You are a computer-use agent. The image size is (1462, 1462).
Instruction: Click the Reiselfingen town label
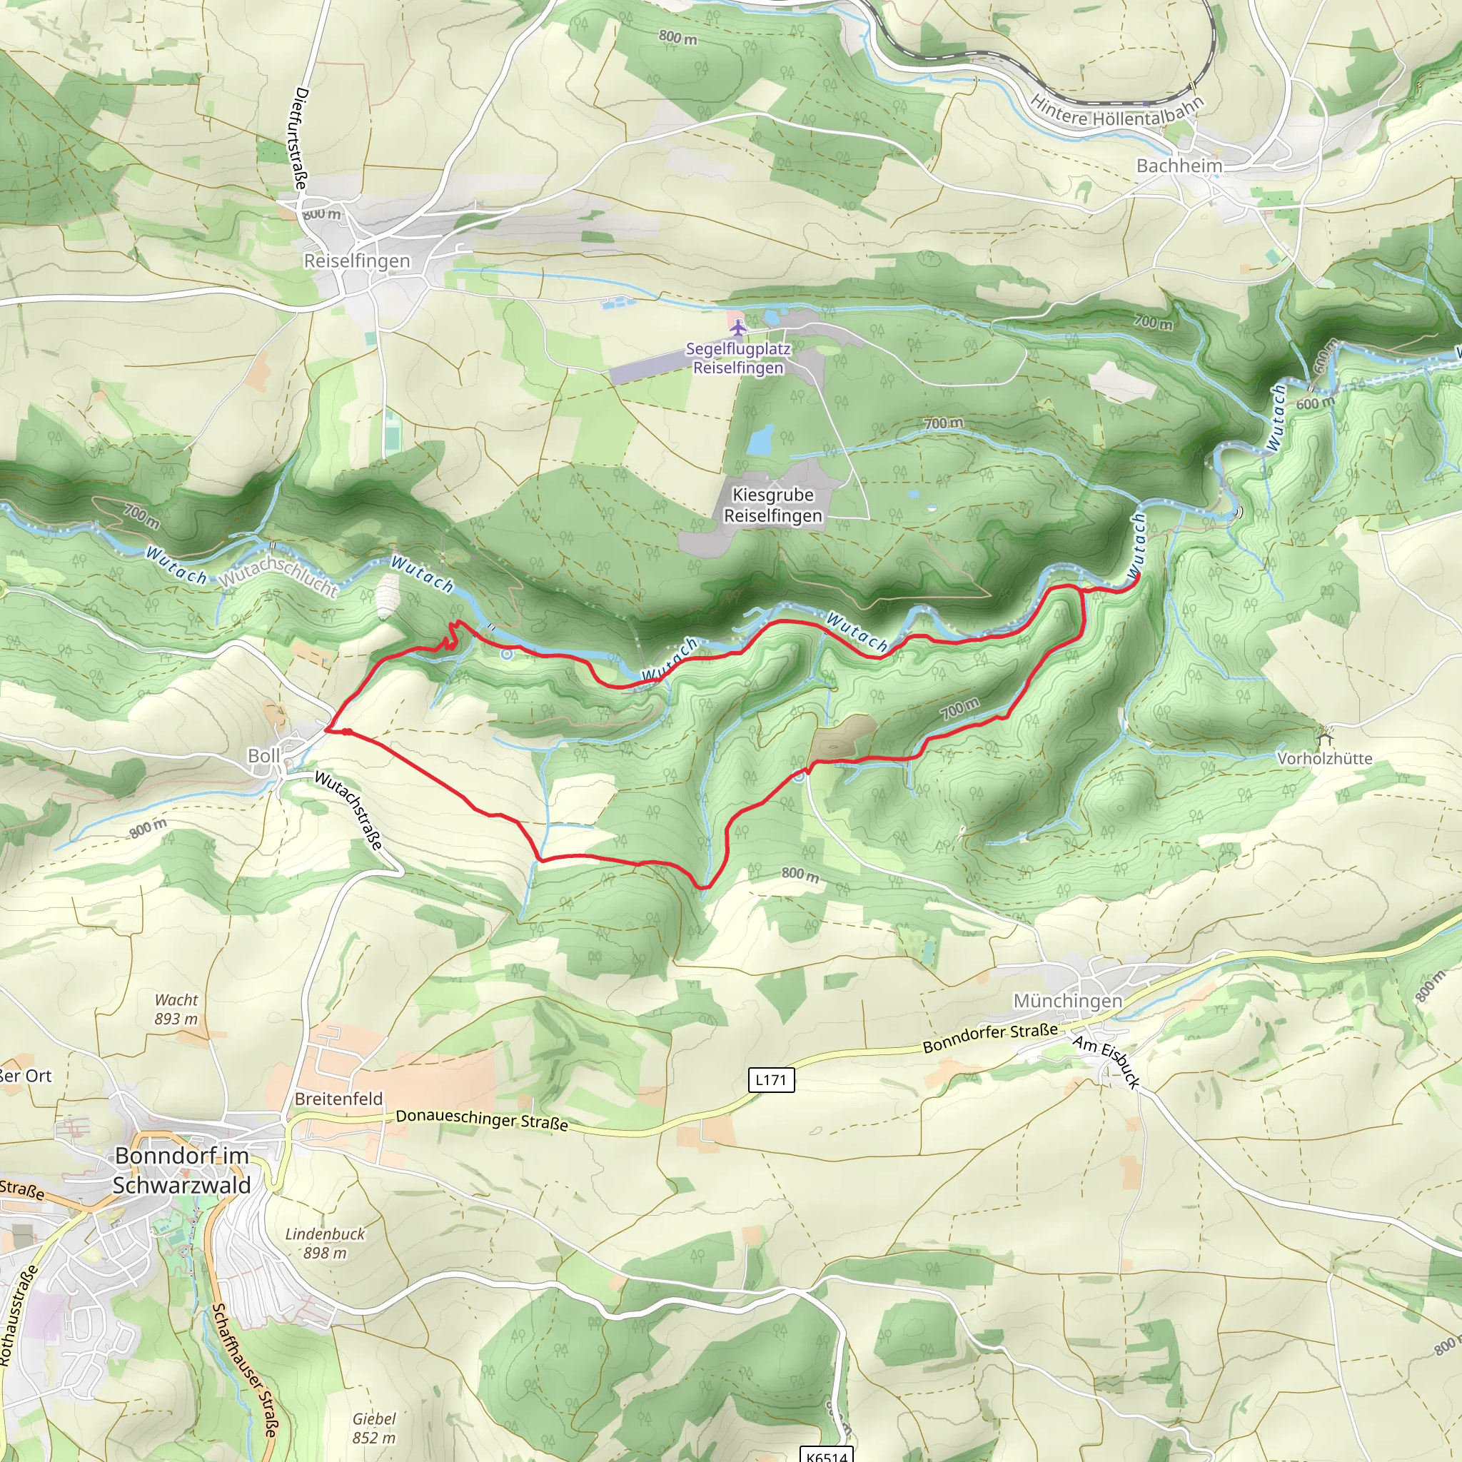pyautogui.click(x=356, y=261)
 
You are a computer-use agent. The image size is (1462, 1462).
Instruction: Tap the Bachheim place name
pyautogui.click(x=1179, y=166)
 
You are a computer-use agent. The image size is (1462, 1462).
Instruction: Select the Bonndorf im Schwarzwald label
pyautogui.click(x=181, y=1170)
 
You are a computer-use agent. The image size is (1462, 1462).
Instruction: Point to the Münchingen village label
pyautogui.click(x=1067, y=1000)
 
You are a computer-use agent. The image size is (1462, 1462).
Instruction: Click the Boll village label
pyautogui.click(x=263, y=756)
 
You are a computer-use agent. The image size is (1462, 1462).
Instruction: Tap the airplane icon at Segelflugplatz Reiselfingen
pyautogui.click(x=737, y=328)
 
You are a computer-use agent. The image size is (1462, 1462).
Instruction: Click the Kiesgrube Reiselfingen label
pyautogui.click(x=772, y=505)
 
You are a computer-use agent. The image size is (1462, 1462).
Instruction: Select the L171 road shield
pyautogui.click(x=771, y=1080)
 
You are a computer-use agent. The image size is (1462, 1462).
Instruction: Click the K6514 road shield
pyautogui.click(x=827, y=1455)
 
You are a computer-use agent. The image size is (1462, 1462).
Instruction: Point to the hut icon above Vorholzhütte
pyautogui.click(x=1324, y=735)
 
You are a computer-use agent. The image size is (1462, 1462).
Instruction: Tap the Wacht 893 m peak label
pyautogui.click(x=176, y=1009)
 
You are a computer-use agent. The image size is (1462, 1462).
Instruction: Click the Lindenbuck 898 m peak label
pyautogui.click(x=325, y=1244)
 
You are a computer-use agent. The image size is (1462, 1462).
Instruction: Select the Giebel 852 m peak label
pyautogui.click(x=374, y=1428)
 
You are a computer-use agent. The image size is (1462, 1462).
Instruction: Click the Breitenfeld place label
pyautogui.click(x=338, y=1099)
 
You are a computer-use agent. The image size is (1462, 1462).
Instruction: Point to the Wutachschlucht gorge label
pyautogui.click(x=278, y=575)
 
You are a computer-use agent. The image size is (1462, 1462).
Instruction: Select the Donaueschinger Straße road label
pyautogui.click(x=481, y=1119)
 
